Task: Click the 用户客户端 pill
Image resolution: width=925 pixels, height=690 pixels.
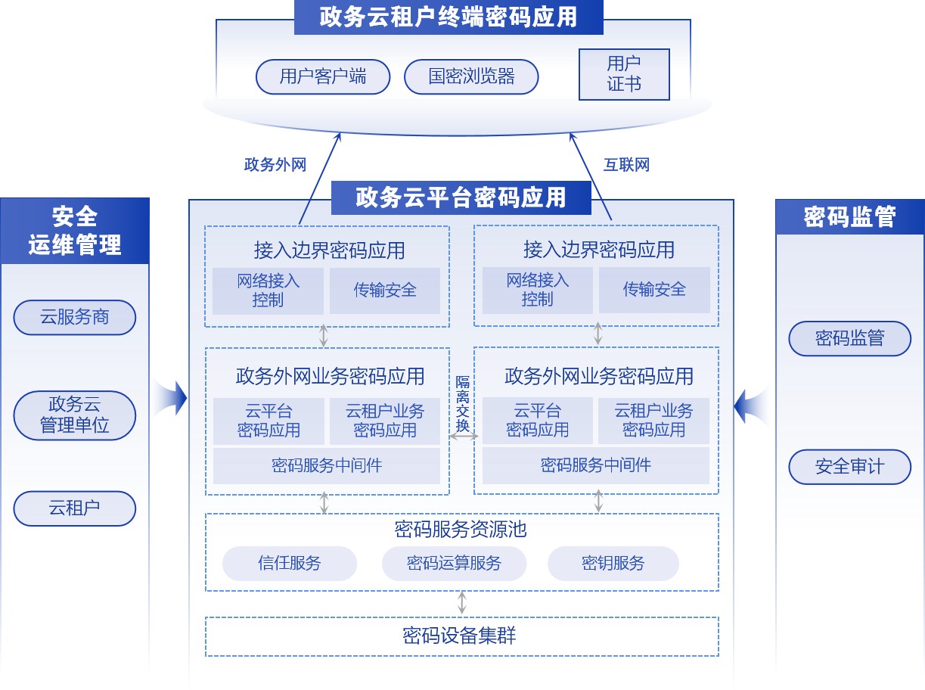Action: pyautogui.click(x=323, y=76)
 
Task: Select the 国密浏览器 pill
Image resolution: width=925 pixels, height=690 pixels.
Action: pyautogui.click(x=471, y=76)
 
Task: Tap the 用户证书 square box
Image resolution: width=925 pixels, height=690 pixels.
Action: pyautogui.click(x=624, y=74)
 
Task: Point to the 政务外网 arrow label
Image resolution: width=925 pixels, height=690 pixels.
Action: pyautogui.click(x=275, y=165)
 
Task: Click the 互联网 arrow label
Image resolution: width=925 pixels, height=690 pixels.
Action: pyautogui.click(x=626, y=165)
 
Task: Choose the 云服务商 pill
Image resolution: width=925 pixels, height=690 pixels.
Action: pyautogui.click(x=75, y=318)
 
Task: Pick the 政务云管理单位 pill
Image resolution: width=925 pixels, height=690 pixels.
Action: pyautogui.click(x=75, y=415)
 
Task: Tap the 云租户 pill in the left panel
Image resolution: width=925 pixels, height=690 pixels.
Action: pyautogui.click(x=75, y=508)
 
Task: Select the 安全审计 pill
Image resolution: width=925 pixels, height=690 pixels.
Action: pyautogui.click(x=849, y=467)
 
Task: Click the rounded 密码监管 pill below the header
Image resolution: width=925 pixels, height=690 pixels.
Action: pyautogui.click(x=849, y=338)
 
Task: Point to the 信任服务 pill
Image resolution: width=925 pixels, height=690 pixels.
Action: pyautogui.click(x=290, y=564)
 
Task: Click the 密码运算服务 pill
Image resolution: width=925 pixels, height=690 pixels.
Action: pyautogui.click(x=454, y=564)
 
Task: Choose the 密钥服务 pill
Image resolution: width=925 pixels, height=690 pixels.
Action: pyautogui.click(x=613, y=564)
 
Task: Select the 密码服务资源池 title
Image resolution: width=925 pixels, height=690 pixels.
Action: pyautogui.click(x=461, y=529)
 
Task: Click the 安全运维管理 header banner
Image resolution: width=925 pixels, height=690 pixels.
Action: pyautogui.click(x=75, y=231)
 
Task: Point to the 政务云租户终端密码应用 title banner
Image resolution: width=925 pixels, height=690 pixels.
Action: pyautogui.click(x=449, y=17)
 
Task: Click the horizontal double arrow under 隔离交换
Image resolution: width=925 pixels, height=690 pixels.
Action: pyautogui.click(x=462, y=437)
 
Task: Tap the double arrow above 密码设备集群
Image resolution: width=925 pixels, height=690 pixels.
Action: pyautogui.click(x=462, y=604)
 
